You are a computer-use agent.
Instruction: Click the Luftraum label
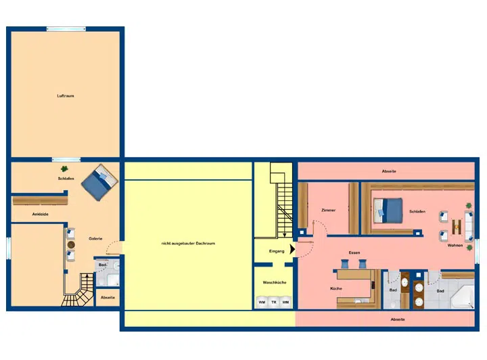(x=66, y=95)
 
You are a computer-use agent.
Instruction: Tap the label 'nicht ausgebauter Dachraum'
(x=188, y=243)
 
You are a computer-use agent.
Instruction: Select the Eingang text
(x=277, y=251)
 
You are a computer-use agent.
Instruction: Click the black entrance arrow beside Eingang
(x=292, y=249)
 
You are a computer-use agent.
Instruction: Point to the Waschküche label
(x=275, y=282)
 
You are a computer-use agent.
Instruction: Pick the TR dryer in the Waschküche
(x=274, y=302)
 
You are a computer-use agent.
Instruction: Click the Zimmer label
(x=328, y=210)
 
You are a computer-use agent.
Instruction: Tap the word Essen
(x=354, y=252)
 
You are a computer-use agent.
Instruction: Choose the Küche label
(x=336, y=288)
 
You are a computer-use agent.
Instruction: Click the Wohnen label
(x=455, y=246)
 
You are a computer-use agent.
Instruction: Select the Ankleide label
(x=41, y=214)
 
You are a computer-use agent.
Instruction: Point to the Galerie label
(x=95, y=239)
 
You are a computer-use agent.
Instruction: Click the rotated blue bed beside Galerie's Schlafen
(x=99, y=182)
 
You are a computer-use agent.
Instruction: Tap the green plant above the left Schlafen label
(x=64, y=168)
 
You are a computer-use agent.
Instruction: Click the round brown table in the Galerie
(x=71, y=244)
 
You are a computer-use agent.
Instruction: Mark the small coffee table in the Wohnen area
(x=457, y=227)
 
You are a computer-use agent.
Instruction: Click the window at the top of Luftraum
(x=66, y=29)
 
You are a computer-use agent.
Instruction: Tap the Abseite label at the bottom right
(x=398, y=319)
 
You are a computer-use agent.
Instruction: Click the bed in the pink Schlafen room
(x=388, y=210)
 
